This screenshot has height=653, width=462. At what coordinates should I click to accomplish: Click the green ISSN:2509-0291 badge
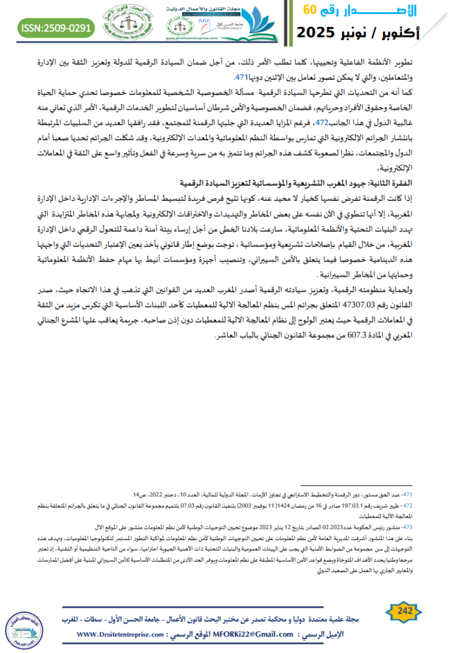tap(56, 27)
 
